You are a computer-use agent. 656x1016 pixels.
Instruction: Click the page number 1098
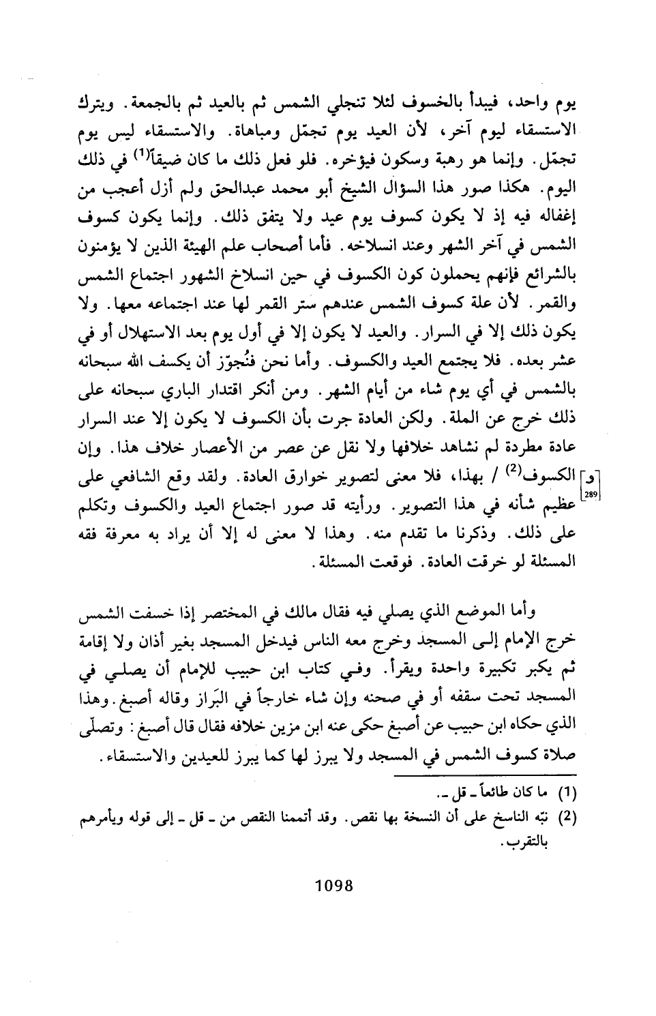330,886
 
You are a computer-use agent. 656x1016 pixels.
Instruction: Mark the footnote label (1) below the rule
567,794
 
